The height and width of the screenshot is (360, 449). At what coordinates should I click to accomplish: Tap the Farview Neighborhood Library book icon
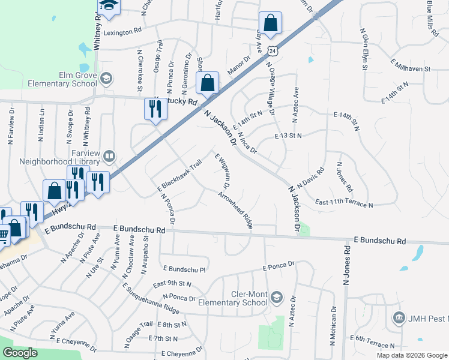point(109,157)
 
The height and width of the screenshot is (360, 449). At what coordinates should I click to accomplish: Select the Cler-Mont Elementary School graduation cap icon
point(277,297)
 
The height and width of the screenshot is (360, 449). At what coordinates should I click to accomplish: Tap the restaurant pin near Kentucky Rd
point(154,110)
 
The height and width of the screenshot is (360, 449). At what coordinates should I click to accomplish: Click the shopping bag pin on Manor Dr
point(208,84)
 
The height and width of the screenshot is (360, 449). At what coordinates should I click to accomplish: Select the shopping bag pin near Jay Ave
point(271,24)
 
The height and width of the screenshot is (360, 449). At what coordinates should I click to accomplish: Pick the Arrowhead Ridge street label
point(235,211)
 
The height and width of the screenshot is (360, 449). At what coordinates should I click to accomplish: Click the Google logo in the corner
point(20,353)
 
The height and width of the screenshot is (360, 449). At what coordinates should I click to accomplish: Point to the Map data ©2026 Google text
point(412,355)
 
